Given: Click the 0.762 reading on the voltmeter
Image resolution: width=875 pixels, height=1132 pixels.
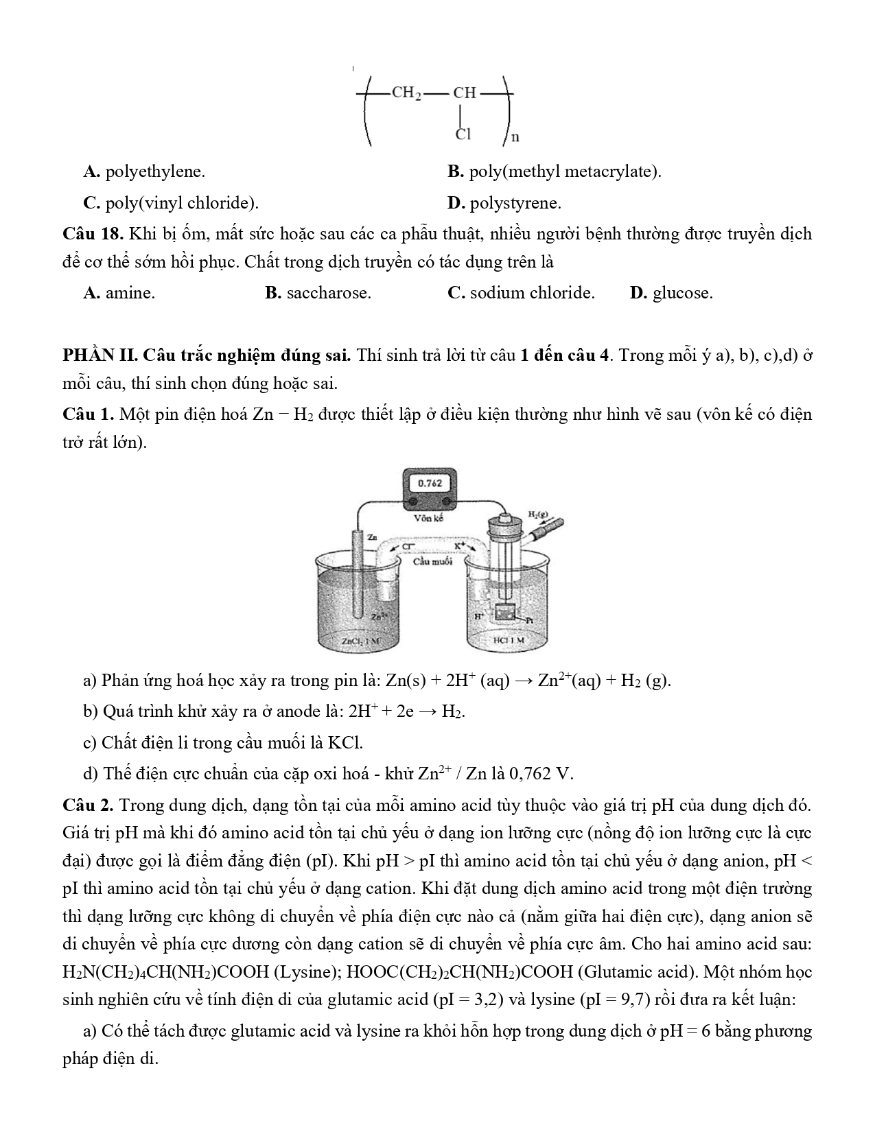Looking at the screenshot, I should tap(429, 483).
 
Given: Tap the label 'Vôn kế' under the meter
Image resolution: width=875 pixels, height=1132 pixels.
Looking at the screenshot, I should tap(429, 518).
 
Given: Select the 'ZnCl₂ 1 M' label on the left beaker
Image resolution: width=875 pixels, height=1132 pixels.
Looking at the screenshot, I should tap(360, 641).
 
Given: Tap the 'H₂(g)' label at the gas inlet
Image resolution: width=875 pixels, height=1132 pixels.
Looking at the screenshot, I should tap(537, 514).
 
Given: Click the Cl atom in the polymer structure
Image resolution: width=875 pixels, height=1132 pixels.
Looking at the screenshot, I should tap(464, 134).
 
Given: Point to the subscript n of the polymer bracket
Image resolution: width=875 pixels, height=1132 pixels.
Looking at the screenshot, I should tap(515, 137).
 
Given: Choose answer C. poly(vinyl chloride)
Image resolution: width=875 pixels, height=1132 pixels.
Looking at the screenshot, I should tap(171, 203).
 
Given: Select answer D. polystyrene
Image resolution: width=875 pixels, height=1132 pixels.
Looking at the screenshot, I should tap(504, 203).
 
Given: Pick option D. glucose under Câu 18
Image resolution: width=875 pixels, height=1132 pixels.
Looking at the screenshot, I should tap(671, 293).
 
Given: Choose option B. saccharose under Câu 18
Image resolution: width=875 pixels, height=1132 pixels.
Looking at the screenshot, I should tap(318, 293).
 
